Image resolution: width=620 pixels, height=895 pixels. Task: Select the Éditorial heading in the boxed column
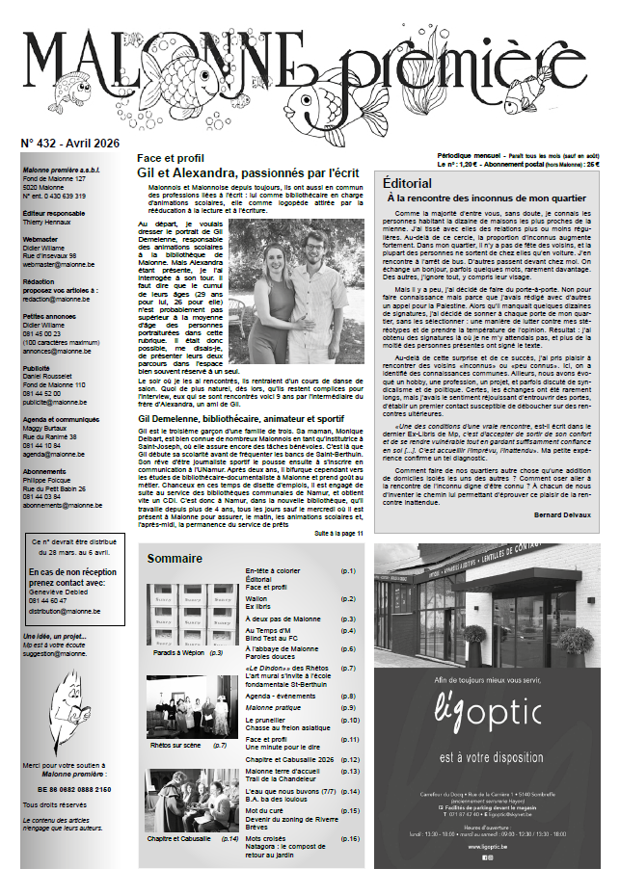pyautogui.click(x=406, y=182)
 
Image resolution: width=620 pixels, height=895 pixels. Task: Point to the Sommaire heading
pyautogui.click(x=175, y=559)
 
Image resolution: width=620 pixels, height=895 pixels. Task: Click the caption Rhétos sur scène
pyautogui.click(x=175, y=745)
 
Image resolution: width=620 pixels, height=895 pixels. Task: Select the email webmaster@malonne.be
pyautogui.click(x=56, y=263)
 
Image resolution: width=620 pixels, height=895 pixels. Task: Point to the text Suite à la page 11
pyautogui.click(x=338, y=533)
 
